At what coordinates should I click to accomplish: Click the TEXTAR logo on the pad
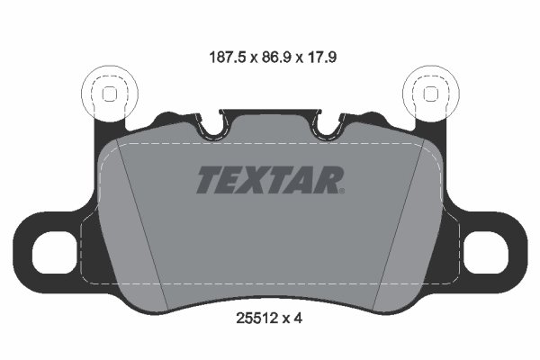(270, 179)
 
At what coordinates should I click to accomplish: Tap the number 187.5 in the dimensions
(228, 58)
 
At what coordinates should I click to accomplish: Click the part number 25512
(256, 319)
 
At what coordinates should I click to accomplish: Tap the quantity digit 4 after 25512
(298, 319)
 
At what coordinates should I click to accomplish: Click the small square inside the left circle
(110, 94)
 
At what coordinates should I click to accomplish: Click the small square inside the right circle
(430, 94)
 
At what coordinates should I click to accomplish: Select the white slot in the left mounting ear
(54, 253)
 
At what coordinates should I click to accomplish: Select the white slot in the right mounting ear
(486, 253)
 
